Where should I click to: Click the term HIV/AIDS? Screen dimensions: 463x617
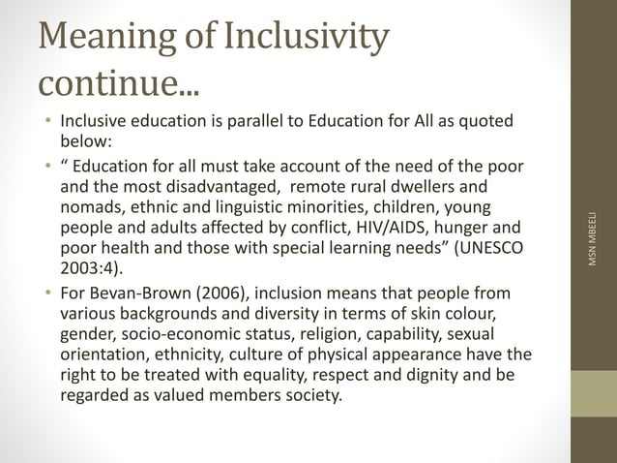383,230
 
